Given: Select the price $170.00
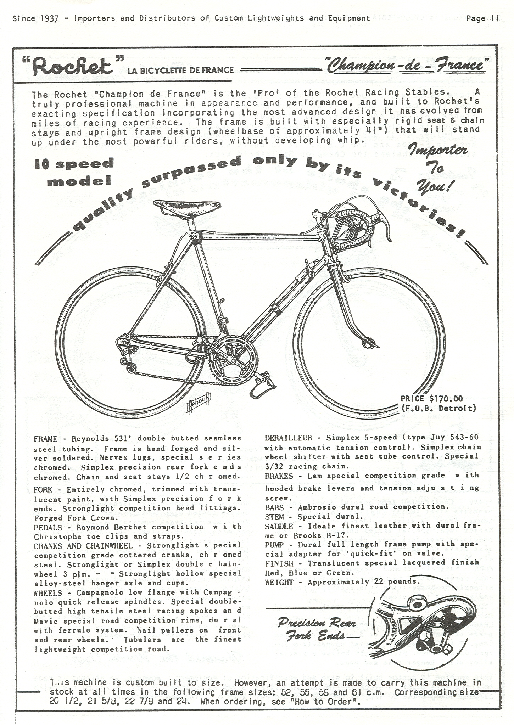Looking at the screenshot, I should (432, 399).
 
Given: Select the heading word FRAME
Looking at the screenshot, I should (45, 439).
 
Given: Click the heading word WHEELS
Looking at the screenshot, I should (48, 593).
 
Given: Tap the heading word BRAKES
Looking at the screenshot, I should (279, 476).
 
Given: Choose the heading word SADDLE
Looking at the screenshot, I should (279, 526).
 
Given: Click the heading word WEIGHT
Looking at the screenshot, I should (279, 582).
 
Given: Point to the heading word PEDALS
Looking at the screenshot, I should (48, 527).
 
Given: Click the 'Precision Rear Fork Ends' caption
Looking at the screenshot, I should (316, 629).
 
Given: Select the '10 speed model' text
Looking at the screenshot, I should (74, 172).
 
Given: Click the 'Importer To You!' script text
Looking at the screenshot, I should (438, 168).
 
